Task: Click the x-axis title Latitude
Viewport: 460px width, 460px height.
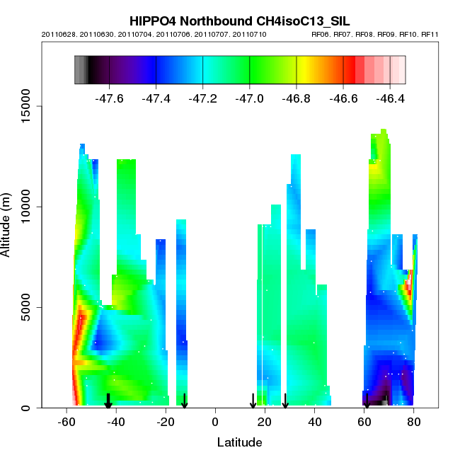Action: (239, 443)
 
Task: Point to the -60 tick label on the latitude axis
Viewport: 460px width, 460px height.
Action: (66, 422)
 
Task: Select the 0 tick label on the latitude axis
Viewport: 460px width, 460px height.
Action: (215, 422)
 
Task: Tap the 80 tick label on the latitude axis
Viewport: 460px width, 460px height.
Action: (414, 422)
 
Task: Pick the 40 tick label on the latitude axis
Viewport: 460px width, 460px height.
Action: (314, 422)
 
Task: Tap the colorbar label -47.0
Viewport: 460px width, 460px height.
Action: (249, 98)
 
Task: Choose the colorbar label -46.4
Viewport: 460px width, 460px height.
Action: (389, 98)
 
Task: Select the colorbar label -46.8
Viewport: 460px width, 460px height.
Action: (296, 98)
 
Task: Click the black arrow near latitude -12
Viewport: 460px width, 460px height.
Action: (184, 401)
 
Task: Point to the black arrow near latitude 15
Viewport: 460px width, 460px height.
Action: (253, 401)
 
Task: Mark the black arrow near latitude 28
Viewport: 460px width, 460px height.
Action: (285, 401)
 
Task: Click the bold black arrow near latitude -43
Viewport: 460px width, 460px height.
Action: (108, 401)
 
